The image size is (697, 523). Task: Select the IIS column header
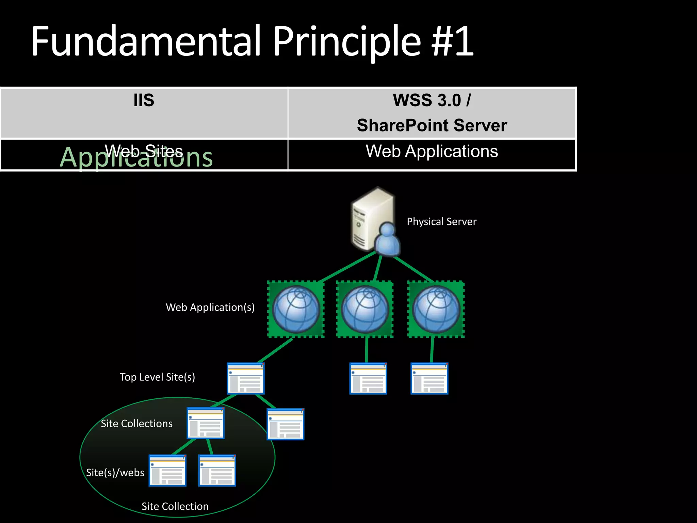point(144,100)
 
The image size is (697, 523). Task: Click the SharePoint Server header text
point(432,125)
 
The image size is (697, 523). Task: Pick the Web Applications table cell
point(432,152)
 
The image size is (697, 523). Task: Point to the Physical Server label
point(441,222)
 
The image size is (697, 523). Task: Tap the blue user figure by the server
point(387,240)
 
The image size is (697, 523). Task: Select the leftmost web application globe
point(296,309)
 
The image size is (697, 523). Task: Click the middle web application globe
point(365,309)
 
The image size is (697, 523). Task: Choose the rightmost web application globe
point(436,309)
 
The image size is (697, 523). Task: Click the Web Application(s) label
point(210,307)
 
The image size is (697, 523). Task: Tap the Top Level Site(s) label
point(157,377)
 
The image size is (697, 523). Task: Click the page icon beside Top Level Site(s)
point(246,378)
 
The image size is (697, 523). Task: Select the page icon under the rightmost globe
point(429,378)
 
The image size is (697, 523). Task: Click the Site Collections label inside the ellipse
point(136,424)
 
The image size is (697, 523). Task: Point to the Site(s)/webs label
point(115,473)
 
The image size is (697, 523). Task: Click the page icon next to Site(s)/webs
point(167,470)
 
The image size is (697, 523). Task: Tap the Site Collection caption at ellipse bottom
point(175,506)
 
